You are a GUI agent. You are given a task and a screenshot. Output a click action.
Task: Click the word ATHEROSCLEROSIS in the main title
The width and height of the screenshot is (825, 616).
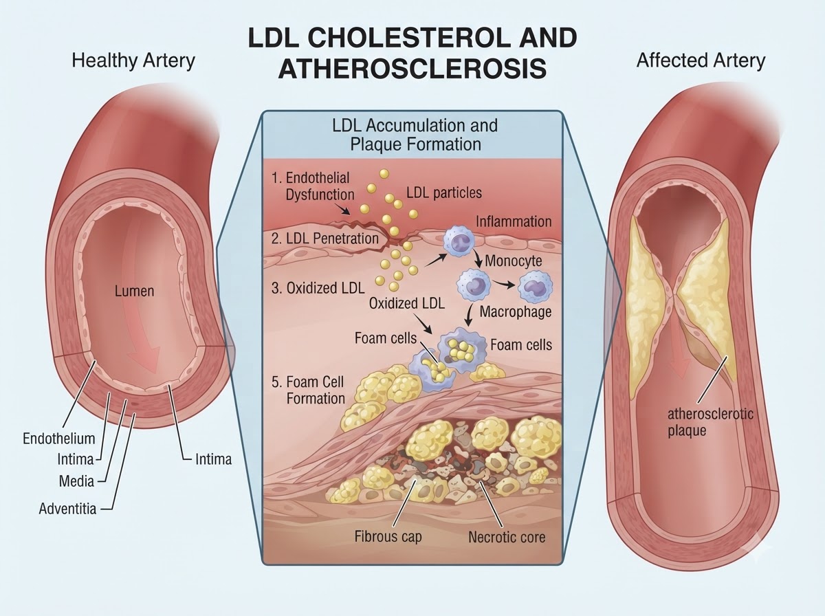[x=412, y=68]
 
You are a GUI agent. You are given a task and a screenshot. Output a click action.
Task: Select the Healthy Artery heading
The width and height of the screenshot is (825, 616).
[x=133, y=61]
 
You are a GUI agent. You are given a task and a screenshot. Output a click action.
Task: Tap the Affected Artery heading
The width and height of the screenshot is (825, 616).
[x=701, y=60]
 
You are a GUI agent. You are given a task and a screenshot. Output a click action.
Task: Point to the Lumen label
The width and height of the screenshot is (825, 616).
[x=134, y=291]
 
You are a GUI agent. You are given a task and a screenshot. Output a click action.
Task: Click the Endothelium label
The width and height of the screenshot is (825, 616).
[x=59, y=439]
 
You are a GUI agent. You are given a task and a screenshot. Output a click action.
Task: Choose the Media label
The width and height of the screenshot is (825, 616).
[x=76, y=481]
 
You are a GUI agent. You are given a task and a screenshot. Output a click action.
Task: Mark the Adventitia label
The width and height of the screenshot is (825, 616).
[x=67, y=509]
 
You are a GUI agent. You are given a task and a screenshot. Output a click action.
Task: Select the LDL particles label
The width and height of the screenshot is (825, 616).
[x=444, y=192]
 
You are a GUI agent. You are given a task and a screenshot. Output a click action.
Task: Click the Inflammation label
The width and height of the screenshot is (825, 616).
[x=514, y=221]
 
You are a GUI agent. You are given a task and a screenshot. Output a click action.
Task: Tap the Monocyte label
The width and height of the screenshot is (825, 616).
[x=514, y=261]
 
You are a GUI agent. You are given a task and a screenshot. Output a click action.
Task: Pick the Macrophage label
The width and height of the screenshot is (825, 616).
[x=516, y=311]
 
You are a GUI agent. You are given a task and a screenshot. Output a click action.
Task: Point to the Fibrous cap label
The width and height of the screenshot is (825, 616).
[x=388, y=536]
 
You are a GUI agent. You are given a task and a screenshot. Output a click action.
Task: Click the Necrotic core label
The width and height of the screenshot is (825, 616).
[x=507, y=537]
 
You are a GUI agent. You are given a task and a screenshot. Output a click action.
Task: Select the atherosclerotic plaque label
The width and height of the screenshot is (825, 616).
[x=710, y=422]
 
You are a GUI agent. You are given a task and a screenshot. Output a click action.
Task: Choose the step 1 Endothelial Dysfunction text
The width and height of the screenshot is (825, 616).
[x=313, y=186]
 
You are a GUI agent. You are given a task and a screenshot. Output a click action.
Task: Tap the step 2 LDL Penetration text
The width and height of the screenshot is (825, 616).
[x=324, y=239]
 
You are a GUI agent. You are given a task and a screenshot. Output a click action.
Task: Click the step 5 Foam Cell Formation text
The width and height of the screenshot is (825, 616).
[x=308, y=390]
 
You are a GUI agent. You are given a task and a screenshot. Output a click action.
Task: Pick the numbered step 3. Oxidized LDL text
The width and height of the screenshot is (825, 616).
[x=318, y=288]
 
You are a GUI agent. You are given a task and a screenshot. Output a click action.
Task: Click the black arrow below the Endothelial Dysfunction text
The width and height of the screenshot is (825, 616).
[x=343, y=209]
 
